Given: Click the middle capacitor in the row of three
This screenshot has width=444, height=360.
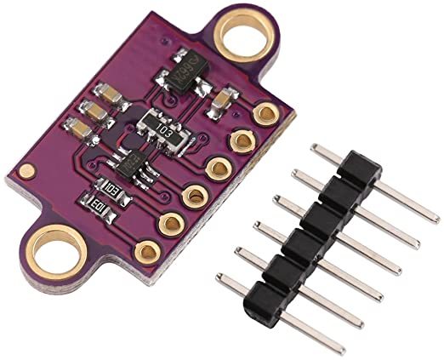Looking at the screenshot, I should pos(94,111).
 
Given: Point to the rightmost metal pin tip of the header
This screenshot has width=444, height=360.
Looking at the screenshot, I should pos(435,217).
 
